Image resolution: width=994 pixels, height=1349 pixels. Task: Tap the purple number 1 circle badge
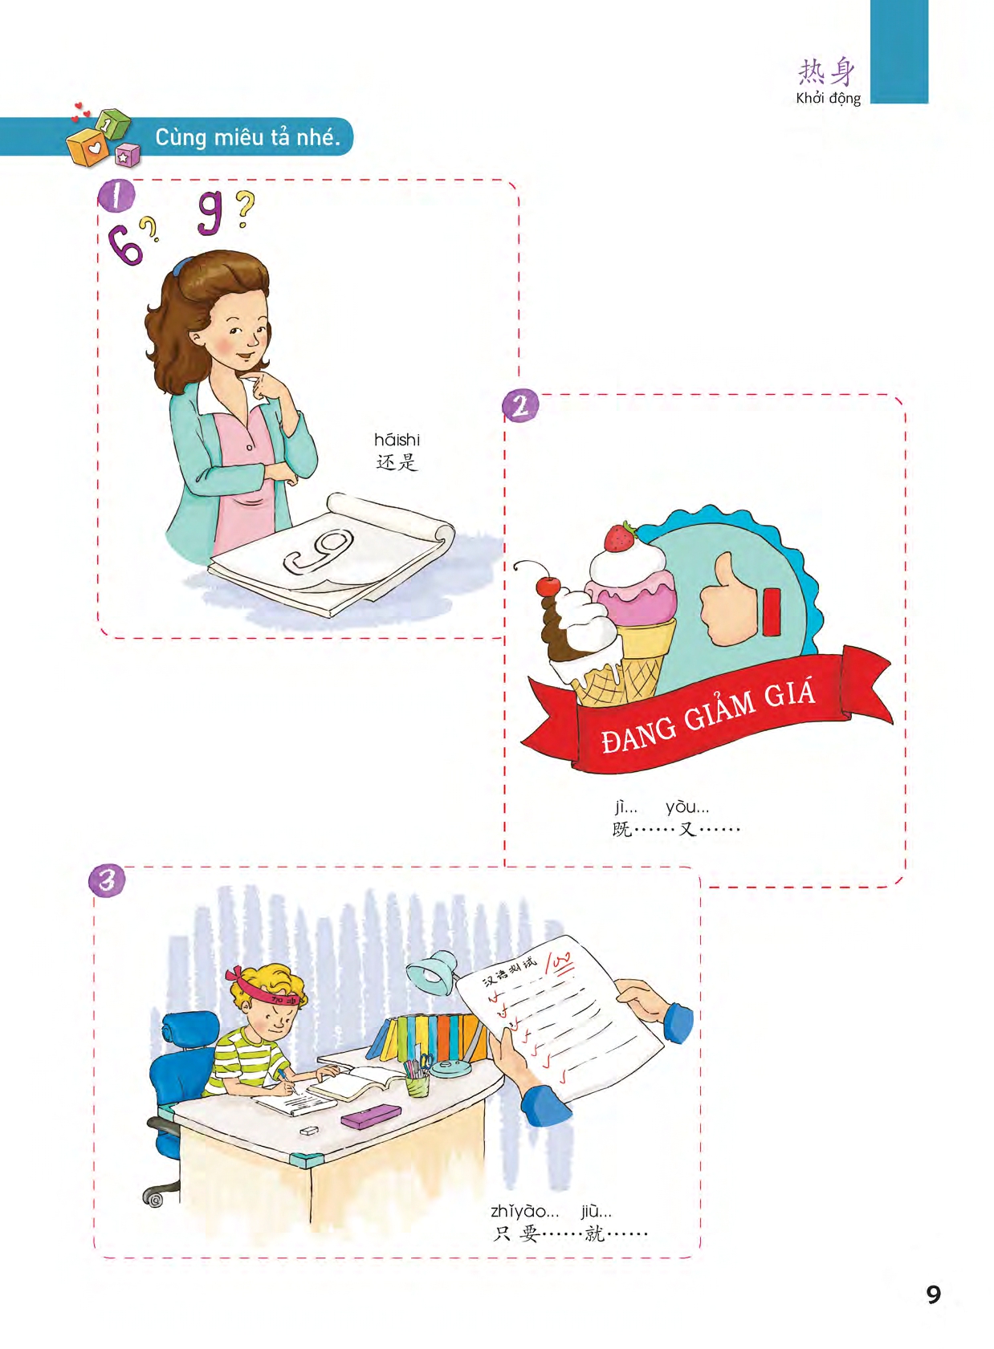115,196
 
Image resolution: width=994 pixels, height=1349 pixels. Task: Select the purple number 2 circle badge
520,404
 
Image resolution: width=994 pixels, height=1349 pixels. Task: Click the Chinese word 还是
397,462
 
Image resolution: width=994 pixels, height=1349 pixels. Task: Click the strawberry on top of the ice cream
621,537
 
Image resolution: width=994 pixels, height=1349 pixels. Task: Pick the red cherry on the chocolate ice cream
548,585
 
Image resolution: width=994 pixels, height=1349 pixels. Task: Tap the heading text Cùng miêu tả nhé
247,138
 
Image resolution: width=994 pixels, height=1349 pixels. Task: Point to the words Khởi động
829,98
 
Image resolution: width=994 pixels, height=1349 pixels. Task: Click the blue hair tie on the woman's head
179,266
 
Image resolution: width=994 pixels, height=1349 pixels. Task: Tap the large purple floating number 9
211,215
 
